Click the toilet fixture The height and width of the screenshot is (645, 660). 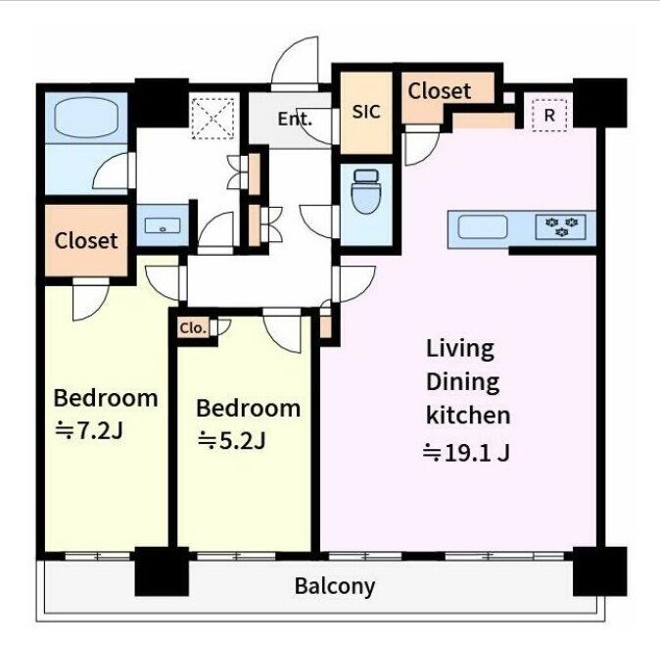click(365, 192)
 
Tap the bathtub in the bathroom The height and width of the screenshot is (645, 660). click(86, 118)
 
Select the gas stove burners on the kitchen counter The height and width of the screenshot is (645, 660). click(561, 226)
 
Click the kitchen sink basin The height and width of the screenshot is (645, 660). click(483, 226)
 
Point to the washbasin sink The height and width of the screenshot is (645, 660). click(163, 225)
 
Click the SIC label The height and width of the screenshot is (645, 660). click(366, 112)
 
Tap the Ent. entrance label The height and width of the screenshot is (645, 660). click(295, 120)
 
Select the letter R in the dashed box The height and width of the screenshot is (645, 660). click(549, 115)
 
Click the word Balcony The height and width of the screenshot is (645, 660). click(335, 586)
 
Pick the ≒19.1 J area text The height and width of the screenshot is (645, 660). click(466, 453)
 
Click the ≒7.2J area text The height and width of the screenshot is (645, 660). click(89, 430)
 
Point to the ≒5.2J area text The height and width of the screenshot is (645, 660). click(231, 441)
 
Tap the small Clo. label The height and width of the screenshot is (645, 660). click(193, 327)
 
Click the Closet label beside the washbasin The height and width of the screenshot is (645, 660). click(86, 240)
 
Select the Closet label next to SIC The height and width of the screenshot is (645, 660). click(439, 90)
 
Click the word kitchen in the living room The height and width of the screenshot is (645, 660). click(468, 415)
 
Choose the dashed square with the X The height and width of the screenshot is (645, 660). click(213, 119)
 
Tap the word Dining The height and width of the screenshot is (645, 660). click(462, 382)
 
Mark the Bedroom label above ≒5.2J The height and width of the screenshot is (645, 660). click(249, 408)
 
